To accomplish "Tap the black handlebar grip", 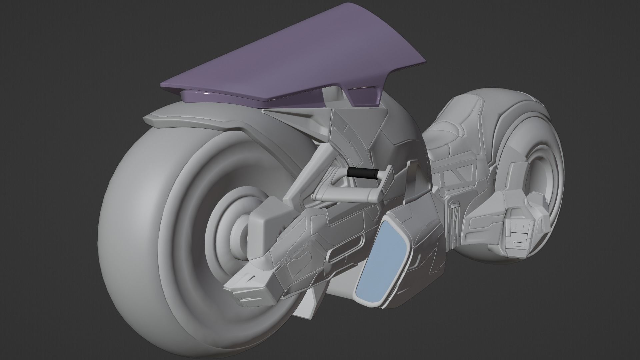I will pos(363,174).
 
